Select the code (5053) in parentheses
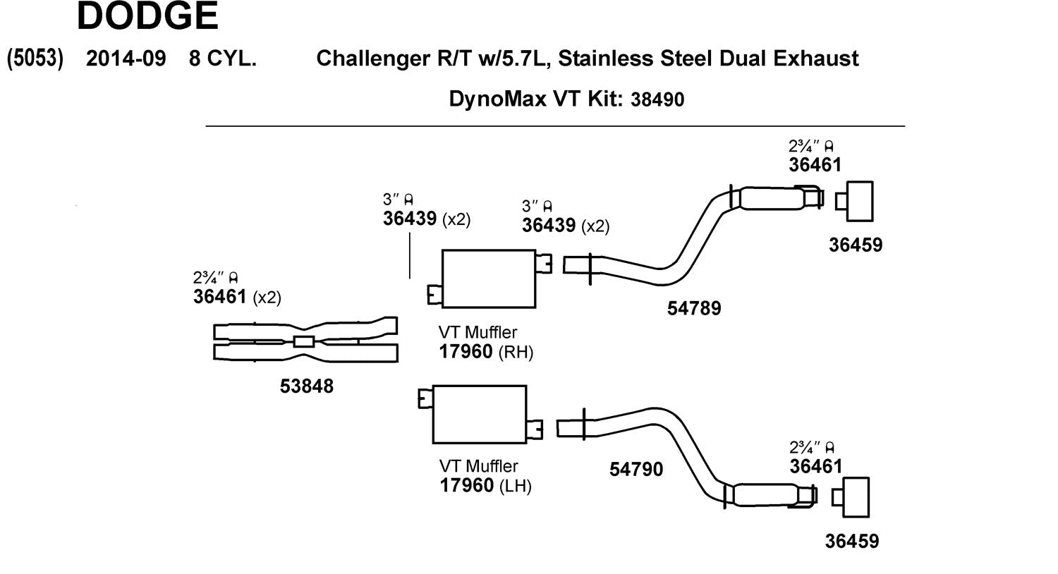point(35,58)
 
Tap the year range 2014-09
point(126,58)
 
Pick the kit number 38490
point(657,99)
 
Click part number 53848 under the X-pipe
point(307,386)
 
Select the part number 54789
point(694,308)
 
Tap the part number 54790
point(636,469)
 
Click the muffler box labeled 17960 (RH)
point(488,279)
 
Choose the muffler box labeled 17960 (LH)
point(479,414)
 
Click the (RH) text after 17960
point(516,352)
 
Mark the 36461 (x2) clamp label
point(236,297)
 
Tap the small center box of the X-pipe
point(303,342)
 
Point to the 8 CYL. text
point(222,58)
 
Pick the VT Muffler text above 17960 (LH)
point(478,466)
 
